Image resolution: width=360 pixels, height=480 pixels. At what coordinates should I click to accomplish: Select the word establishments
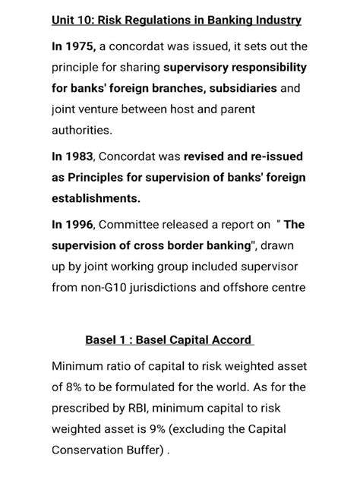pyautogui.click(x=97, y=198)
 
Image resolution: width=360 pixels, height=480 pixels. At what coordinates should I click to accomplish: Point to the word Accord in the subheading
pyautogui.click(x=226, y=339)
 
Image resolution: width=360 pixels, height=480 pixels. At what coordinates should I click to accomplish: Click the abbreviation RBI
pyautogui.click(x=141, y=408)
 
